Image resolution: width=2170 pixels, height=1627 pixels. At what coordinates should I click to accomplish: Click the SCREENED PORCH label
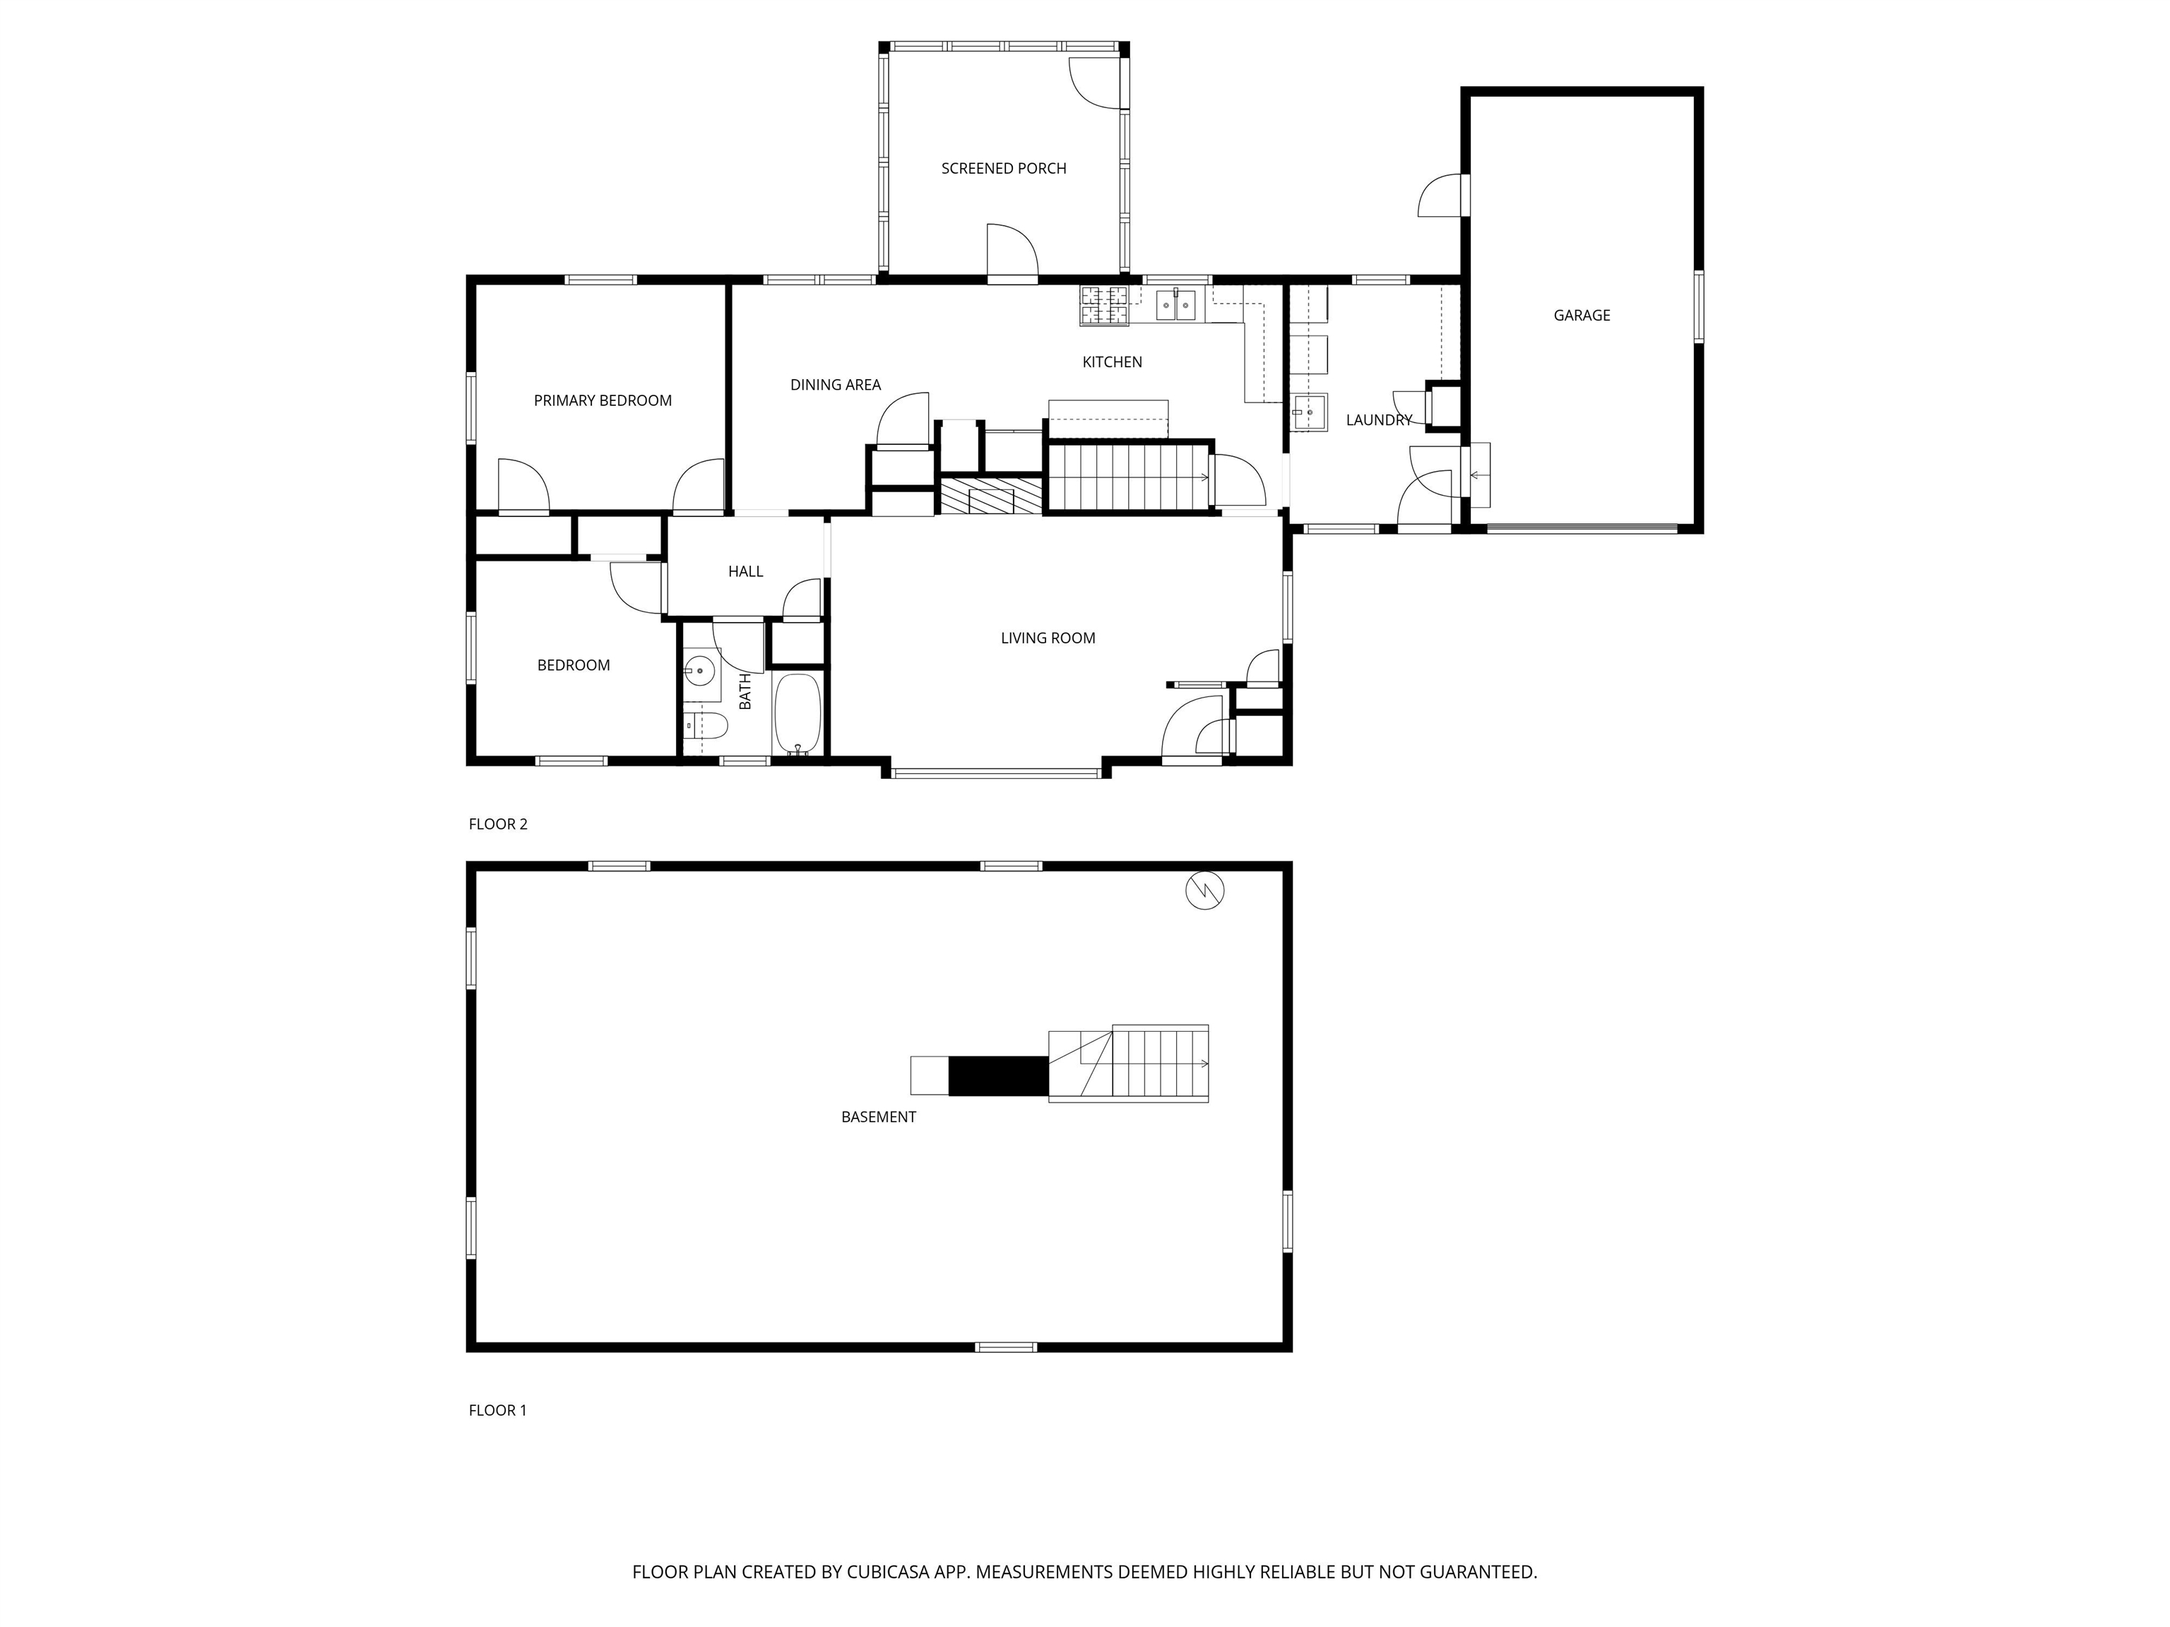click(x=1004, y=169)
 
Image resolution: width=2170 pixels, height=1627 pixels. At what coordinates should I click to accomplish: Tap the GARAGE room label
click(x=1582, y=316)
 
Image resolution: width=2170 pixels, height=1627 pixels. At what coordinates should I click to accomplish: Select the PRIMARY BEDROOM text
click(x=603, y=400)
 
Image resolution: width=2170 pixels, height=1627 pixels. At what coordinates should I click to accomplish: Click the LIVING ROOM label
click(x=1048, y=638)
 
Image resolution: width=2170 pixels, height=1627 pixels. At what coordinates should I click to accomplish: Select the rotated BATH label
click(x=745, y=691)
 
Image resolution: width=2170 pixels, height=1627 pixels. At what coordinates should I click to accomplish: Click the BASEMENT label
click(x=878, y=1117)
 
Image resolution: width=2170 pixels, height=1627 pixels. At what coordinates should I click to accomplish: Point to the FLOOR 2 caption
click(x=497, y=824)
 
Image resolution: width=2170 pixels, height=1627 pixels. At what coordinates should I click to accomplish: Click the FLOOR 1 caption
click(x=497, y=1410)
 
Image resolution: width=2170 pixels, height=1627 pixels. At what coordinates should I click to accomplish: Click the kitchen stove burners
click(x=1105, y=305)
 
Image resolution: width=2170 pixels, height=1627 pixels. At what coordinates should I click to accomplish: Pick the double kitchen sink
click(x=1175, y=305)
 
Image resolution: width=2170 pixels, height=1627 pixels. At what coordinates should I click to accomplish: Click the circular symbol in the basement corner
click(x=1204, y=890)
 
